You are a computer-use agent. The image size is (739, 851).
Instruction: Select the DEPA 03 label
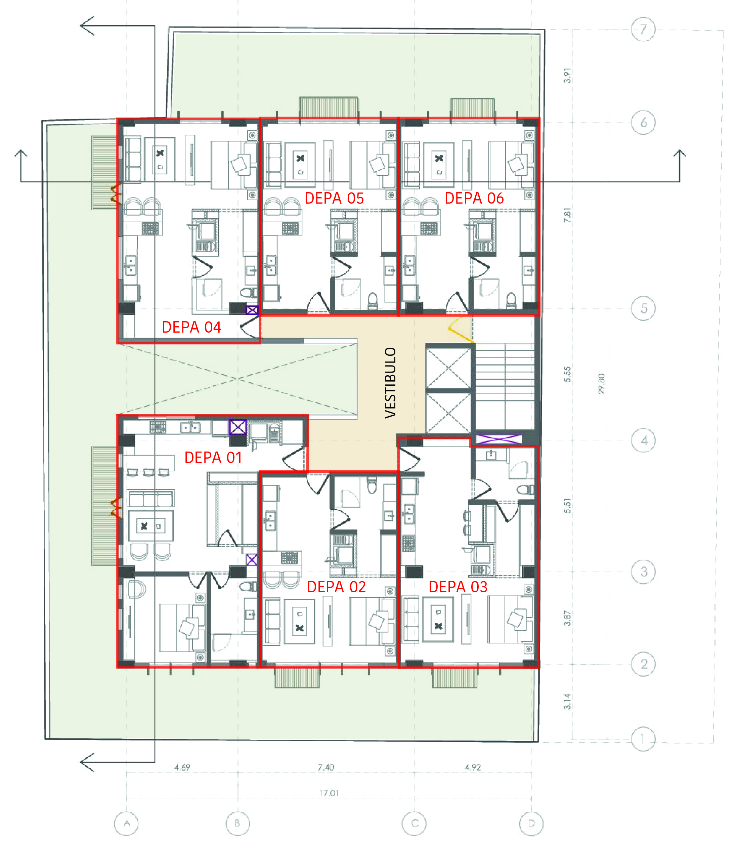458,587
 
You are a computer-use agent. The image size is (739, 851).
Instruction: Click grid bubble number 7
643,29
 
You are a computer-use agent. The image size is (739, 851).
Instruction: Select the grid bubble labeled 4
643,440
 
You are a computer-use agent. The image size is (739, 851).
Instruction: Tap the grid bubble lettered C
414,823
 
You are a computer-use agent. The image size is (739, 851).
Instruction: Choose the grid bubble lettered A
126,823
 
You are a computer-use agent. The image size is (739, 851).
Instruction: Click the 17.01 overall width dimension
329,793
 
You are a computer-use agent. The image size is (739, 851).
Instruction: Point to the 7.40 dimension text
326,767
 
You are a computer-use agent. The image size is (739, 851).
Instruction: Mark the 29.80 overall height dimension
601,384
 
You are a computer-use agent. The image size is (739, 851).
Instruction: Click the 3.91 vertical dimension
567,76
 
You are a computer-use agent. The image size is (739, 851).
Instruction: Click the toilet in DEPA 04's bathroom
248,293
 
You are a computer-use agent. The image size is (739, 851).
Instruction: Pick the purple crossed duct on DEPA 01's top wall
238,427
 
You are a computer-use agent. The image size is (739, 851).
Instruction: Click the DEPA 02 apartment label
337,587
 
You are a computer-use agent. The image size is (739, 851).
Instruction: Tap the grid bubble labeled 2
643,664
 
